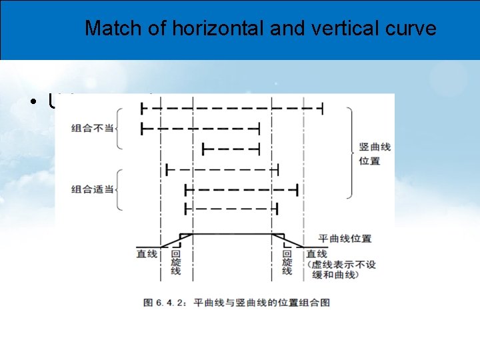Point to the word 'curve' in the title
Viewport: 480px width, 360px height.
(411, 29)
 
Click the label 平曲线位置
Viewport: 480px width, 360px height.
(344, 239)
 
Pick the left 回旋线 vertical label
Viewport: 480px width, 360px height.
(175, 263)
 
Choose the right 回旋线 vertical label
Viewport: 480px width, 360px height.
(287, 263)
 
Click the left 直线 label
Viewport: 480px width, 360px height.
(147, 254)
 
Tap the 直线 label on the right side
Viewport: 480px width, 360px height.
(317, 254)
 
